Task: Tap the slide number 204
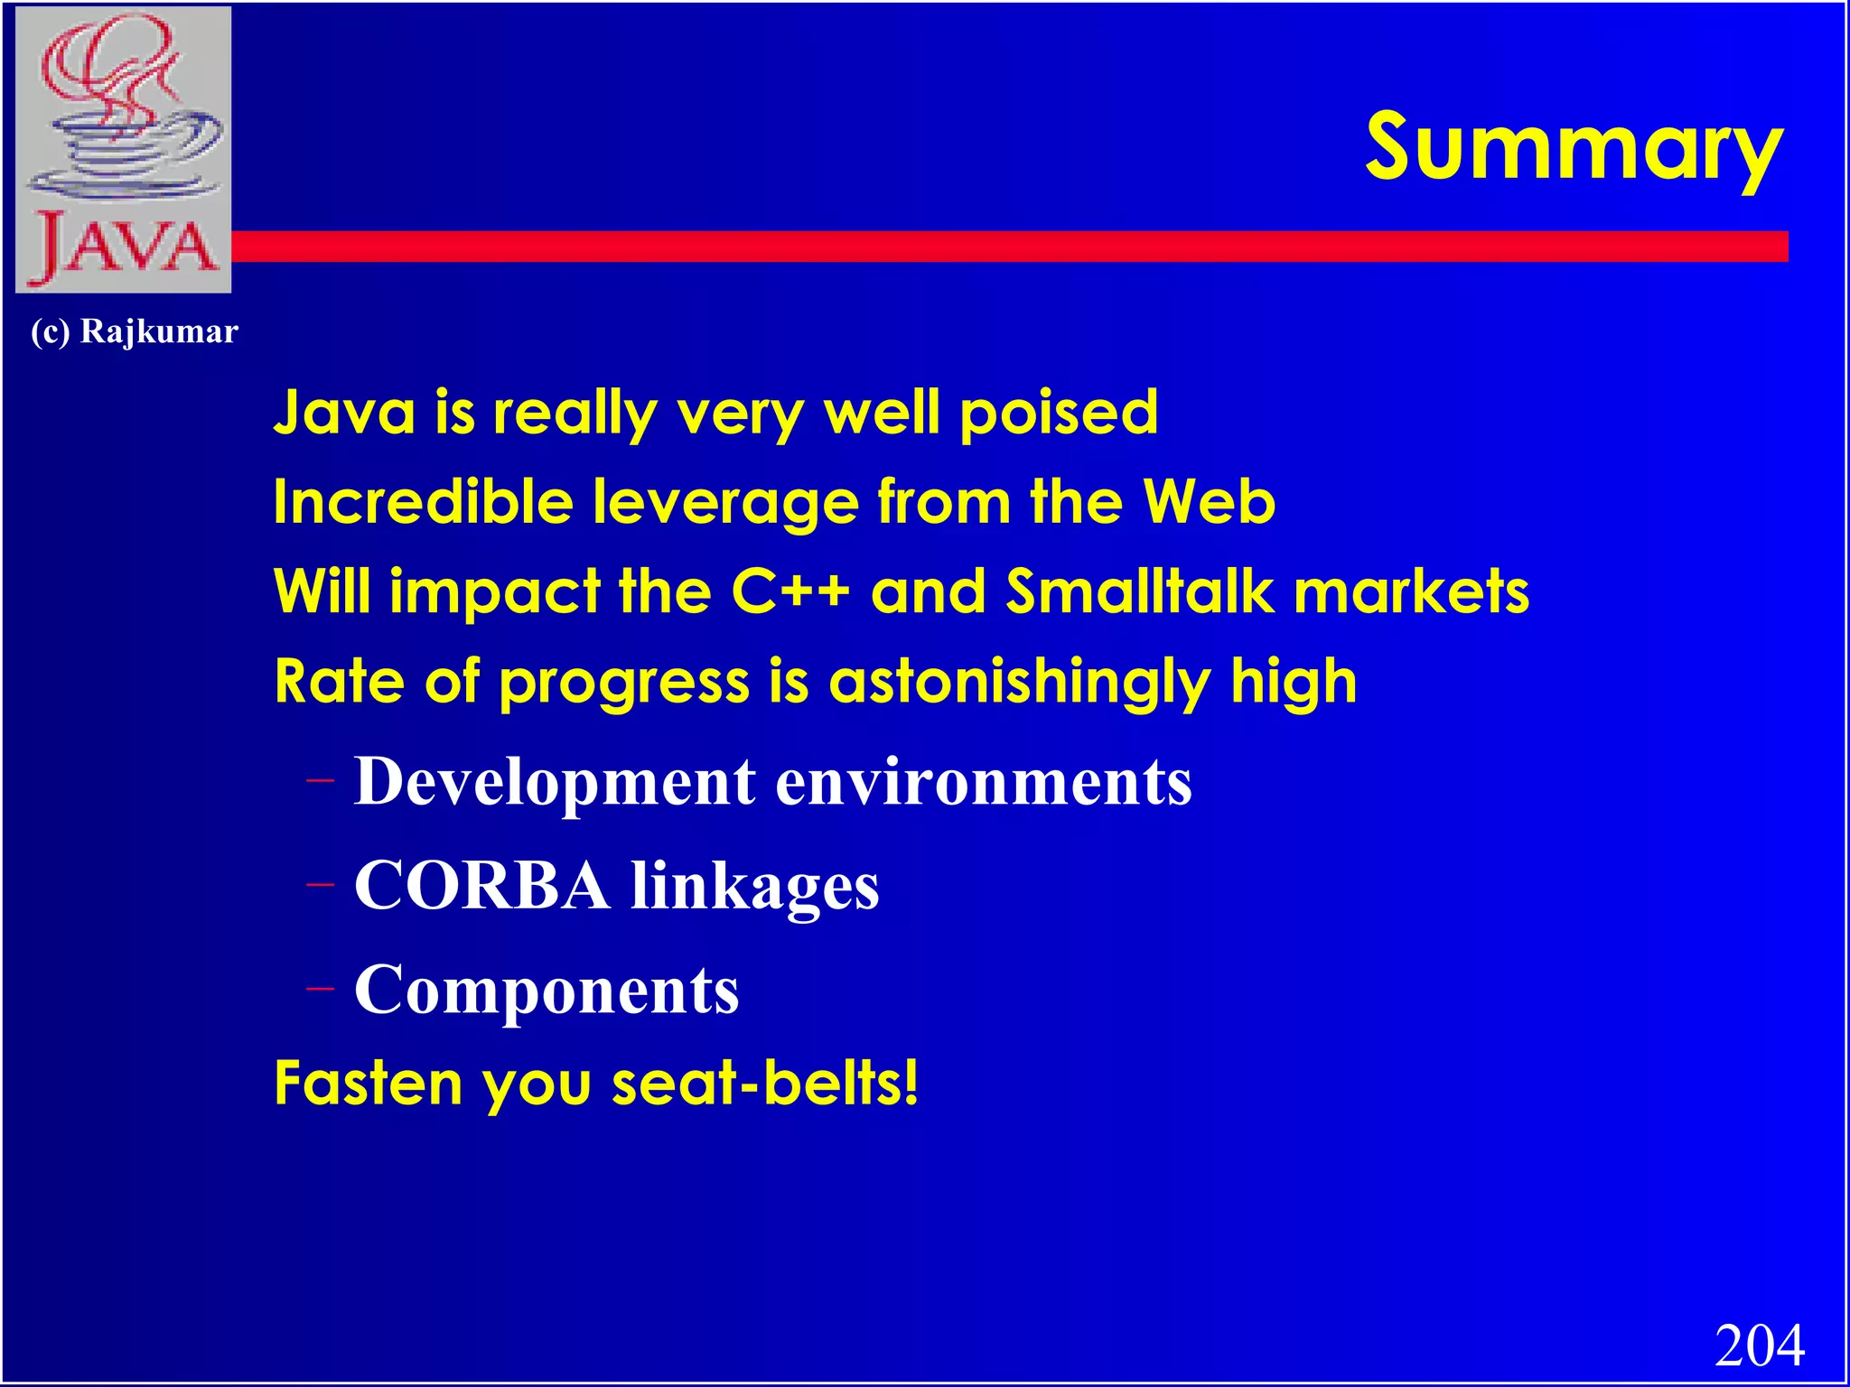click(1759, 1345)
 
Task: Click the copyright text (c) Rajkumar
click(135, 331)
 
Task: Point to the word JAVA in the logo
click(124, 246)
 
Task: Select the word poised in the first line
click(1058, 413)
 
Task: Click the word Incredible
click(424, 502)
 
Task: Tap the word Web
click(1209, 502)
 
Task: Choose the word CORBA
click(481, 886)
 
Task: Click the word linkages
click(754, 886)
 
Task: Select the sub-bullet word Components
click(547, 991)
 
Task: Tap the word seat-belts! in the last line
click(765, 1082)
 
